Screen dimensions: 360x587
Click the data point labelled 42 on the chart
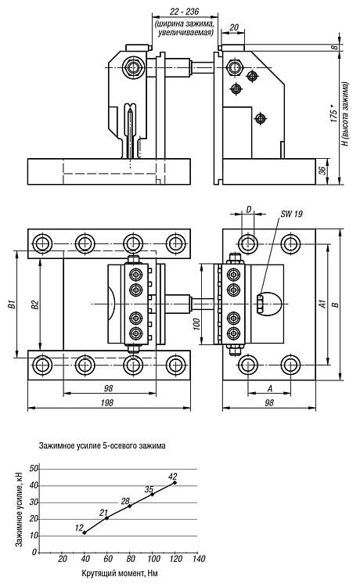click(175, 483)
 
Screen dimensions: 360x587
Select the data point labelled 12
click(85, 532)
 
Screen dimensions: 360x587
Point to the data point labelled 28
click(130, 506)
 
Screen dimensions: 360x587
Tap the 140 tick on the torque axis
click(199, 559)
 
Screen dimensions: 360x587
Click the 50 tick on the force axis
click(34, 469)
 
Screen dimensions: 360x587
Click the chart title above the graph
click(102, 446)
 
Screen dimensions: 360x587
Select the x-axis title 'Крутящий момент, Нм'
click(120, 573)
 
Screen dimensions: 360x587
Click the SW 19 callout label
click(291, 214)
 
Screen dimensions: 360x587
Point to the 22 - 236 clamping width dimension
click(185, 12)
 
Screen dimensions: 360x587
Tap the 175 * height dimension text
click(334, 113)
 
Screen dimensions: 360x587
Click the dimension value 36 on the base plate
click(322, 171)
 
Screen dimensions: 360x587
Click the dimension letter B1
click(13, 304)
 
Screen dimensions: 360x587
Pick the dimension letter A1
click(322, 304)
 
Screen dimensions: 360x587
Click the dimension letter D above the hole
click(249, 210)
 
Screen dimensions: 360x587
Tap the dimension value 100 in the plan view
click(197, 324)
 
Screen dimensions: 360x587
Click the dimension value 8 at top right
click(335, 47)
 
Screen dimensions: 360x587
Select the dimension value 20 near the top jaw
click(234, 27)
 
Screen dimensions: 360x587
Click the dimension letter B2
click(35, 304)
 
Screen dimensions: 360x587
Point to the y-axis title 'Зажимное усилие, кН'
click(20, 510)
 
